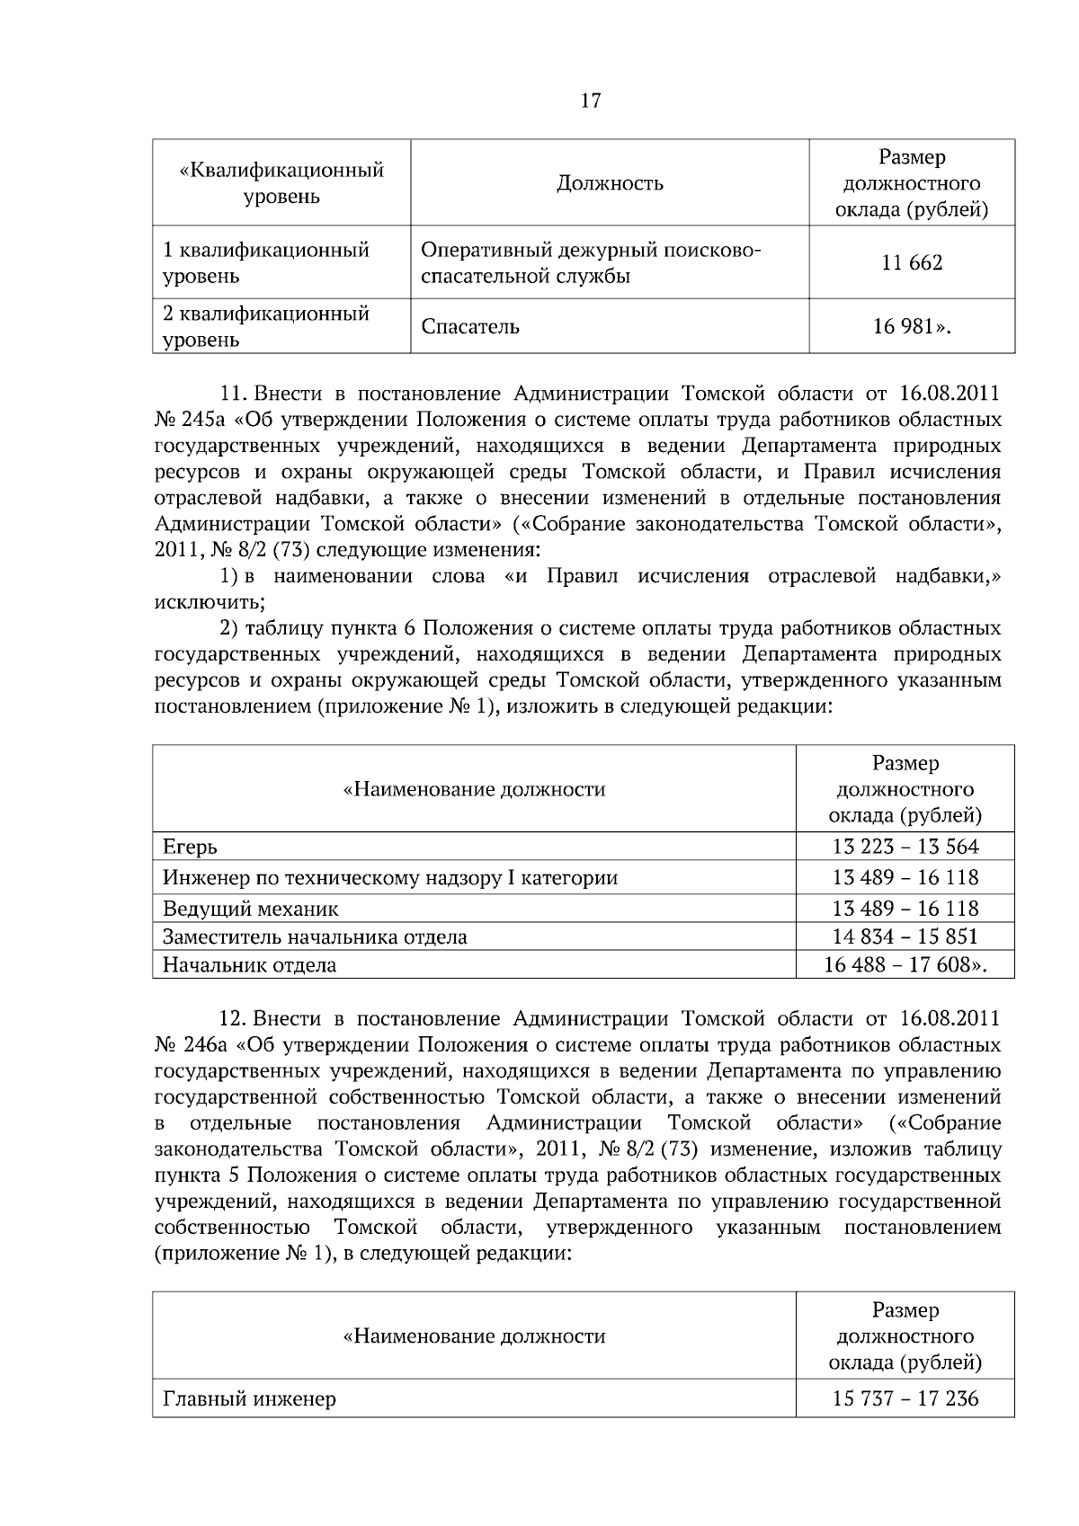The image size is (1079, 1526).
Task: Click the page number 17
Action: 591,101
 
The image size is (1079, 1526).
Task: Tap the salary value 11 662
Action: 912,263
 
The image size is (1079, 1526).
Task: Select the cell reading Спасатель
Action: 470,326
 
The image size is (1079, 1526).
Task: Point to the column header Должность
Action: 610,183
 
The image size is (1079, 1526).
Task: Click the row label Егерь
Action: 190,847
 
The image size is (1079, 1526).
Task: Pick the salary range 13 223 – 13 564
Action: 905,847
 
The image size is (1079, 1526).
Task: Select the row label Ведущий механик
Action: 251,908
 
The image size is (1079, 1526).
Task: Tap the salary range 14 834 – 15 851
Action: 905,936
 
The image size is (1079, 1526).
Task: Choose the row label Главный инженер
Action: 249,1399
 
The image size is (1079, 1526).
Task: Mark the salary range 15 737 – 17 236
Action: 905,1398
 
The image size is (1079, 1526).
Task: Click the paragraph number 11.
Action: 233,394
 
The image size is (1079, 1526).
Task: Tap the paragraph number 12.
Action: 233,1019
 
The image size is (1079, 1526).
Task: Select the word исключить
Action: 210,601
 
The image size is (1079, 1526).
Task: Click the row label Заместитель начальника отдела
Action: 315,936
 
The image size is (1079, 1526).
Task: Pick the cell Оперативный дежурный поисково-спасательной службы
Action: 591,262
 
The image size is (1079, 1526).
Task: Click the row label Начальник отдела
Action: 249,965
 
